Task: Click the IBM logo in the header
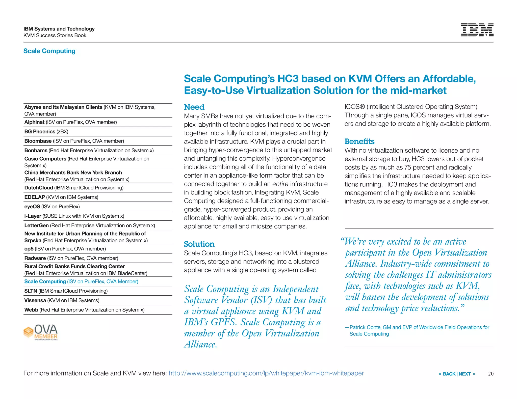477,30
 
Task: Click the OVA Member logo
41,332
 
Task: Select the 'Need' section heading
194,107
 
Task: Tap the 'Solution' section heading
199,244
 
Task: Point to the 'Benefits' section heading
359,141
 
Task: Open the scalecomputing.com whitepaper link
266,373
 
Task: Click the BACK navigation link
449,374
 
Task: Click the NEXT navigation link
465,374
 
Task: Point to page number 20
491,374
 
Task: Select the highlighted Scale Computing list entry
81,281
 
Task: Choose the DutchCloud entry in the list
74,188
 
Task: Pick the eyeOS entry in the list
52,207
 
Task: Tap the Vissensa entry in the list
62,300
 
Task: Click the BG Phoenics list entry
46,131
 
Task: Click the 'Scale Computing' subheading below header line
49,51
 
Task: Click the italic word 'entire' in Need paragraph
280,184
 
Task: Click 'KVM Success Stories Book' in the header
55,35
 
